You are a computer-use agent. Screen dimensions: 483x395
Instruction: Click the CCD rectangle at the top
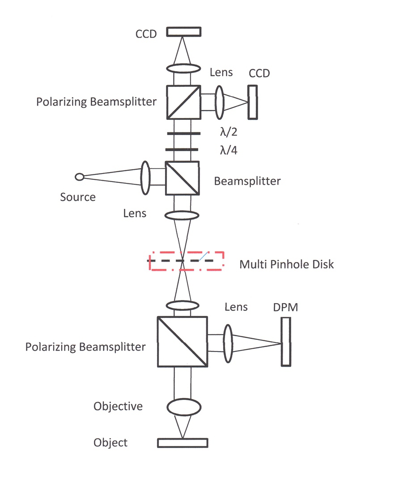(183, 32)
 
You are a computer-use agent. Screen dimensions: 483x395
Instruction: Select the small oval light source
(80, 177)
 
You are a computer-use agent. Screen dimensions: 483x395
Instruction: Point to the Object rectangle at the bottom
(183, 442)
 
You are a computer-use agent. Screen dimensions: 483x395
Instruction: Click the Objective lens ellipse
(183, 407)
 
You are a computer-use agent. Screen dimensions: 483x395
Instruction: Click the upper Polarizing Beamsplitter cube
(184, 102)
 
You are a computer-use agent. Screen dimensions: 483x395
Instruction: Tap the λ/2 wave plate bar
(183, 134)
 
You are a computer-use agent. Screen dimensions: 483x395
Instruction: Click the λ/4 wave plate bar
(183, 150)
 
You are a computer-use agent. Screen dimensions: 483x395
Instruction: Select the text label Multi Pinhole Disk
(286, 264)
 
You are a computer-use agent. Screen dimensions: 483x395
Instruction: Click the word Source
(78, 197)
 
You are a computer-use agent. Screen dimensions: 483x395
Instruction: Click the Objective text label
(118, 407)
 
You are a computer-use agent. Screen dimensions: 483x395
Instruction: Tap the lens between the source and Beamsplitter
(145, 178)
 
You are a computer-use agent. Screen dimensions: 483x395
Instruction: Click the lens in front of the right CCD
(219, 102)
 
